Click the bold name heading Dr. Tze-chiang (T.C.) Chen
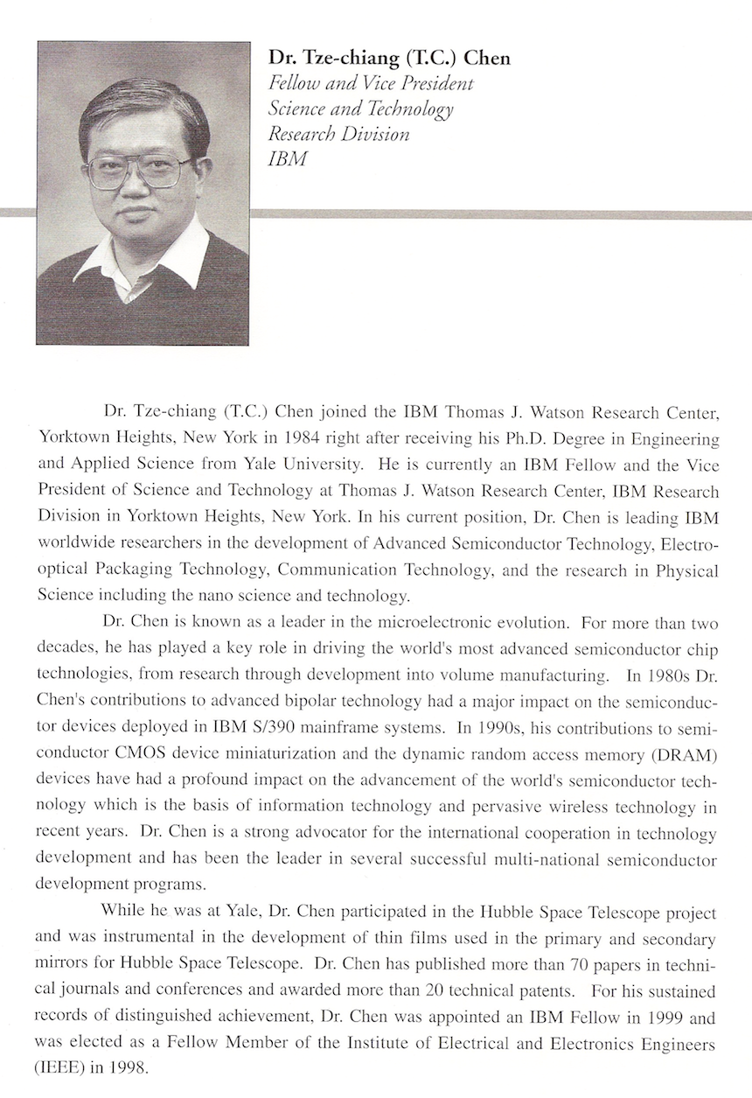389,59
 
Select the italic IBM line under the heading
288,160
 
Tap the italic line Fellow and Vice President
371,84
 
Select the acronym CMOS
135,754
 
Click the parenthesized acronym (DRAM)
688,754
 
